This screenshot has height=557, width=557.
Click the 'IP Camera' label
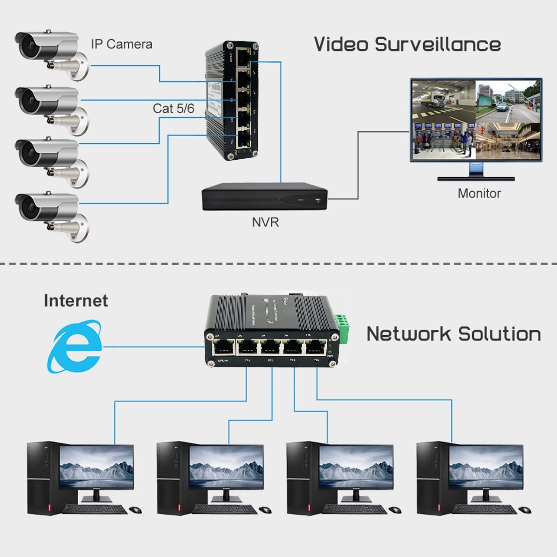point(121,44)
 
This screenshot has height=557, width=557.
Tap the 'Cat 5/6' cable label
point(173,108)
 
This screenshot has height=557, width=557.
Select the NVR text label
point(265,222)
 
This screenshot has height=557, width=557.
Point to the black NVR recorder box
point(264,197)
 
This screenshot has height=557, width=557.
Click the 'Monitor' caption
point(479,193)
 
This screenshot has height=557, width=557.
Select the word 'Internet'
point(76,300)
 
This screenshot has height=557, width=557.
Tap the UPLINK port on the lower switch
point(223,347)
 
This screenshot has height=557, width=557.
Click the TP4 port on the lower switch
point(315,347)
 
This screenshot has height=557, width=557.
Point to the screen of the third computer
point(356,466)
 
